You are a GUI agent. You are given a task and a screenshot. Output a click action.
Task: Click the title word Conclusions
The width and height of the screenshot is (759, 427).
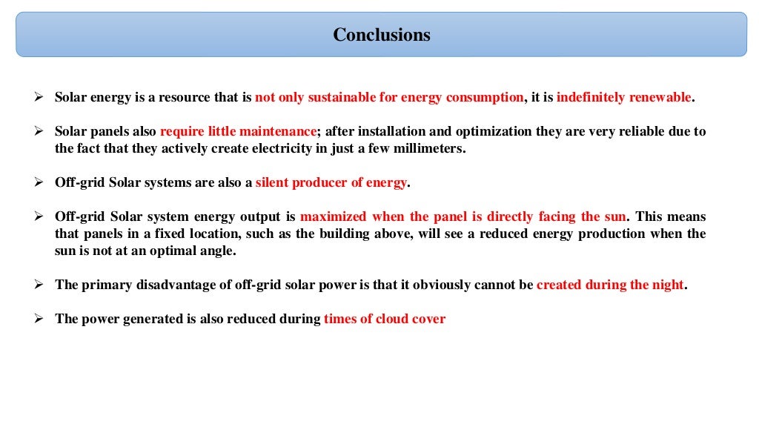381,35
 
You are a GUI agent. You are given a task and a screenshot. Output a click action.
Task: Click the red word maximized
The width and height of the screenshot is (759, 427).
334,216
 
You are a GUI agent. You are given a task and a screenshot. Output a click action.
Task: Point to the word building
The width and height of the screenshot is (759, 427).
431,234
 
